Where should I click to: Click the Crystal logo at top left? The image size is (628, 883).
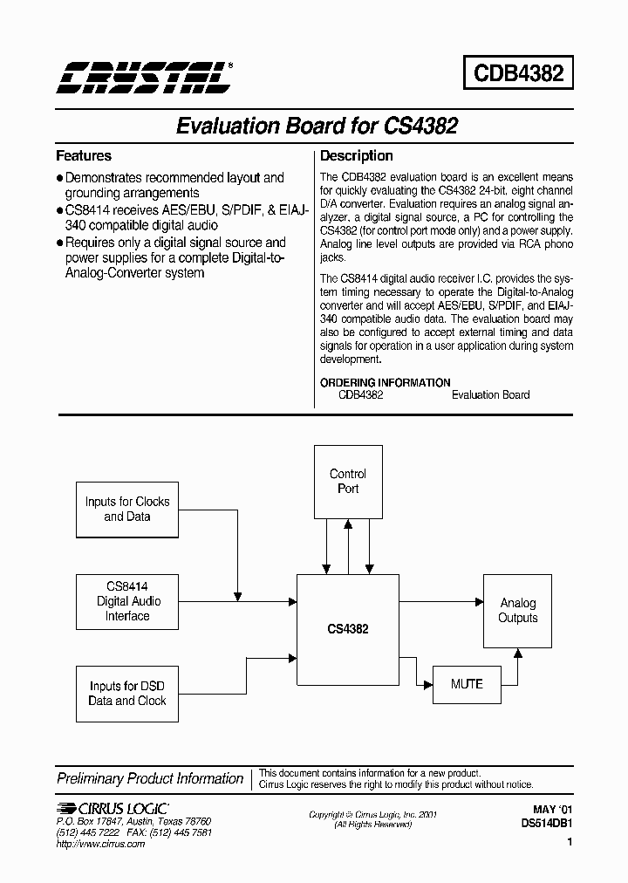(144, 77)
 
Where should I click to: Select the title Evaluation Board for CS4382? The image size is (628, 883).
(317, 126)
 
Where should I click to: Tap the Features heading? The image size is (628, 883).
(84, 156)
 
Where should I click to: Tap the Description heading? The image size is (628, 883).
(357, 156)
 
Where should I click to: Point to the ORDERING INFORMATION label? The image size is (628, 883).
(386, 382)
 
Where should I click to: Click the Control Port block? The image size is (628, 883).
(348, 482)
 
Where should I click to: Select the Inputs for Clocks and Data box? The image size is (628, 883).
(127, 510)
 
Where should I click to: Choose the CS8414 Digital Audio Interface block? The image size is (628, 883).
(128, 601)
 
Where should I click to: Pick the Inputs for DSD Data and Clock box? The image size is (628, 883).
(127, 693)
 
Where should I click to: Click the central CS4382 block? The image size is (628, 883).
(348, 628)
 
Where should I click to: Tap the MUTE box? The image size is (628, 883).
(467, 684)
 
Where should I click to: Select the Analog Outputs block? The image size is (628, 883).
(518, 611)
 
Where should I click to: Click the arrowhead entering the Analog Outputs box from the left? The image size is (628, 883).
(480, 601)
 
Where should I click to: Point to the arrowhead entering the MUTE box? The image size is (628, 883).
(428, 684)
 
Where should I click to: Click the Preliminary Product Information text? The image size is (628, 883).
(150, 778)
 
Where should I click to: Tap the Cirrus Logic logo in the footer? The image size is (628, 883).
(113, 808)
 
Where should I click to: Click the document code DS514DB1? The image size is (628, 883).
(546, 822)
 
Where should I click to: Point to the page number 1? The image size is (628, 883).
(570, 843)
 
